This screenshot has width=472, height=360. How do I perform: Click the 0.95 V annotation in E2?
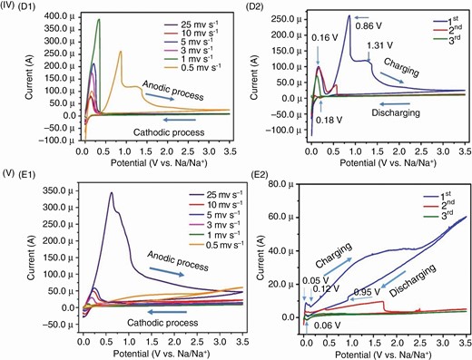point(365,291)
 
